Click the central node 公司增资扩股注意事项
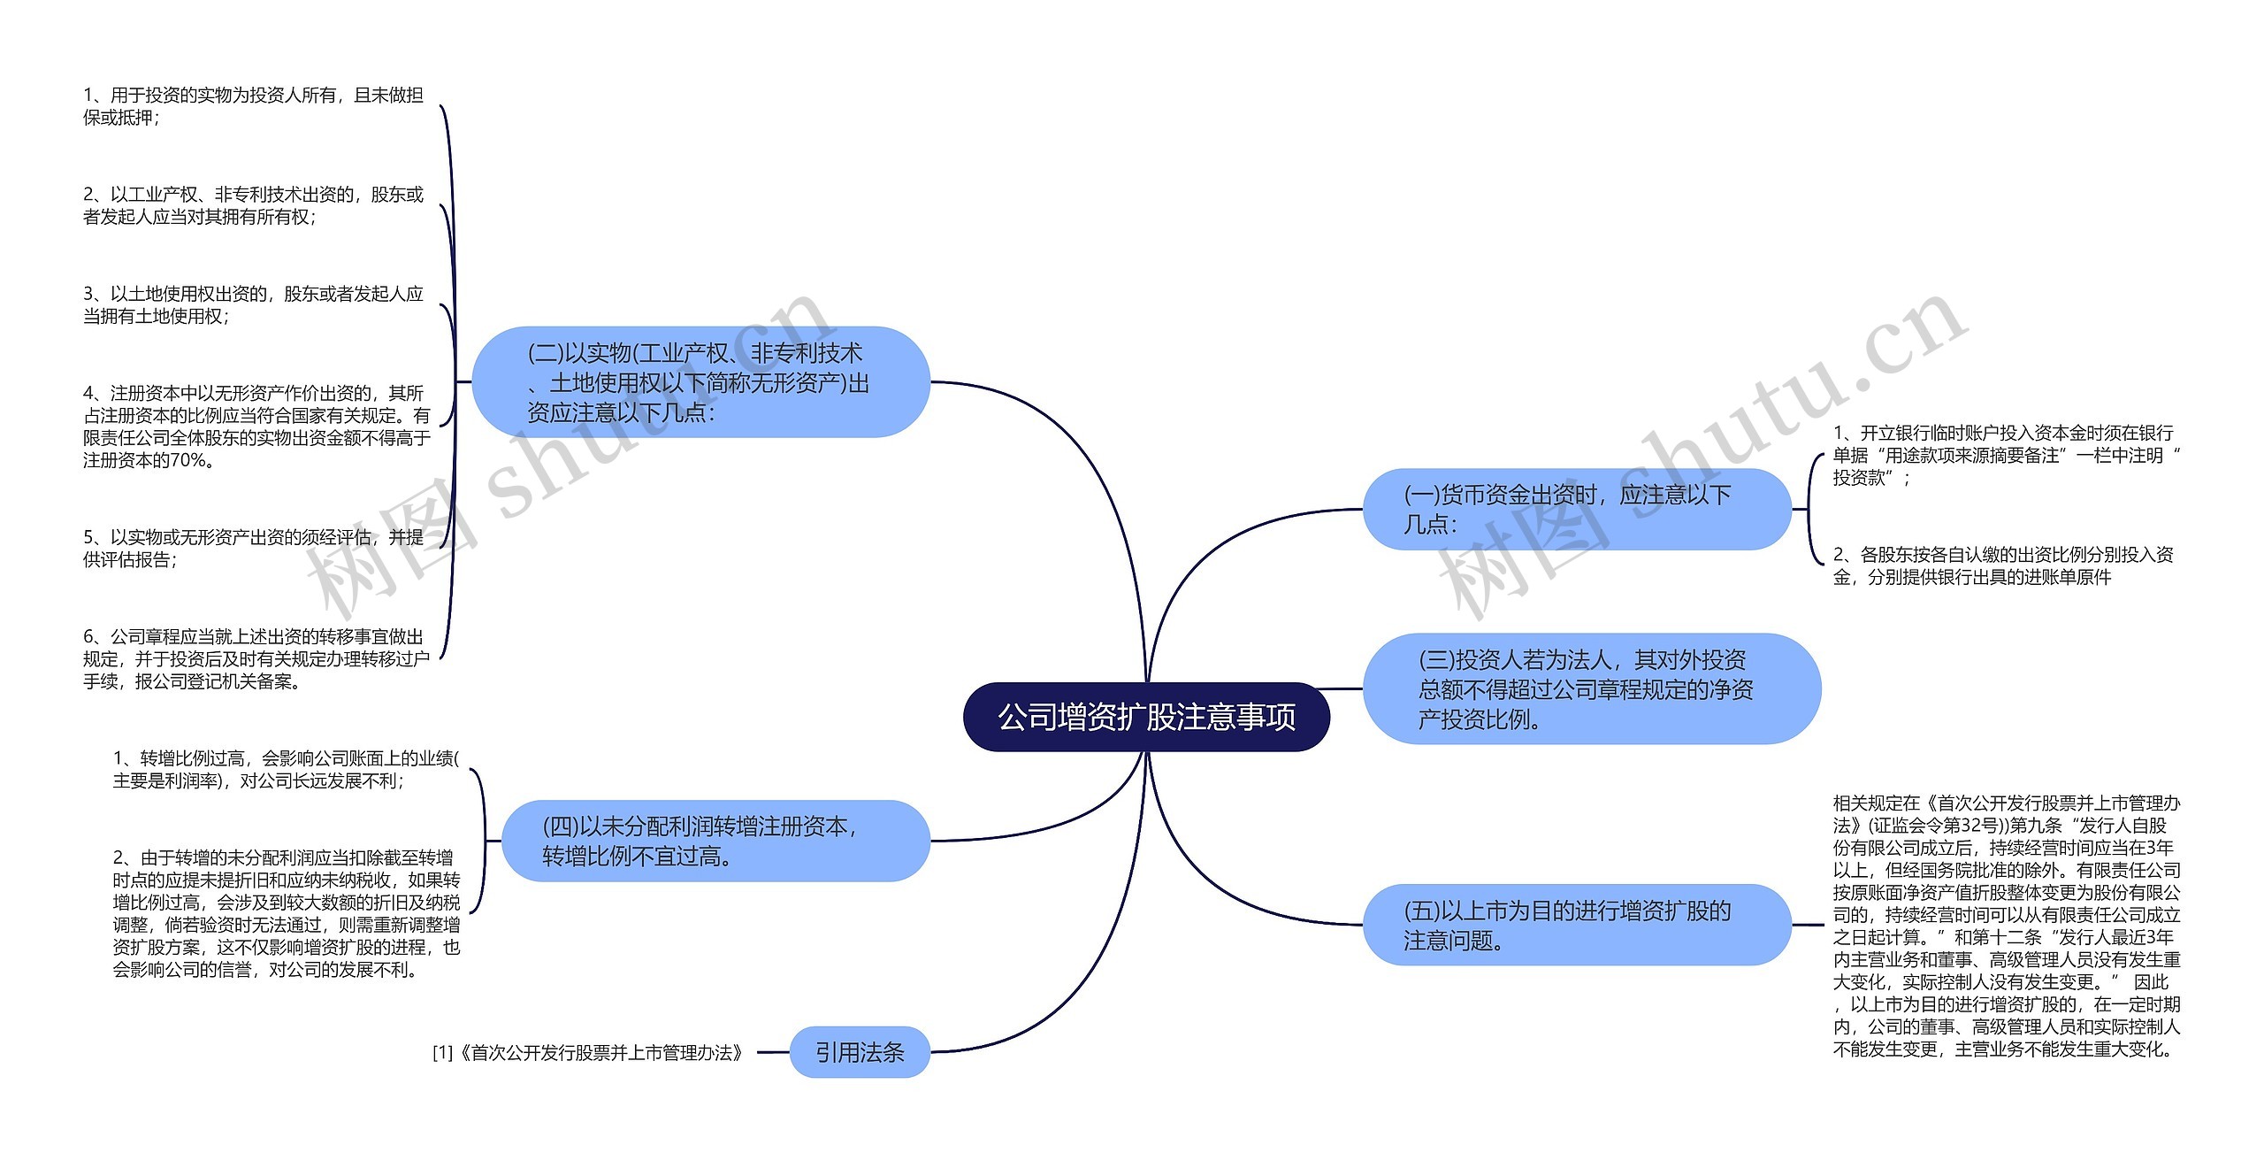pos(1146,717)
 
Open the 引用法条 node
pos(859,1052)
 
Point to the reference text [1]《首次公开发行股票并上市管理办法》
pos(588,1053)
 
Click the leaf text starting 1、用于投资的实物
pos(253,106)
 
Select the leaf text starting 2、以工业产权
pos(253,205)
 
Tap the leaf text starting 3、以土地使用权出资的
pos(253,304)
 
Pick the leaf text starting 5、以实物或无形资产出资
pos(253,548)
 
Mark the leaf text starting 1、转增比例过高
pos(285,769)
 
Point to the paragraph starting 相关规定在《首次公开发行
pos(2006,926)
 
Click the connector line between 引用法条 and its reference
pos(773,1052)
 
